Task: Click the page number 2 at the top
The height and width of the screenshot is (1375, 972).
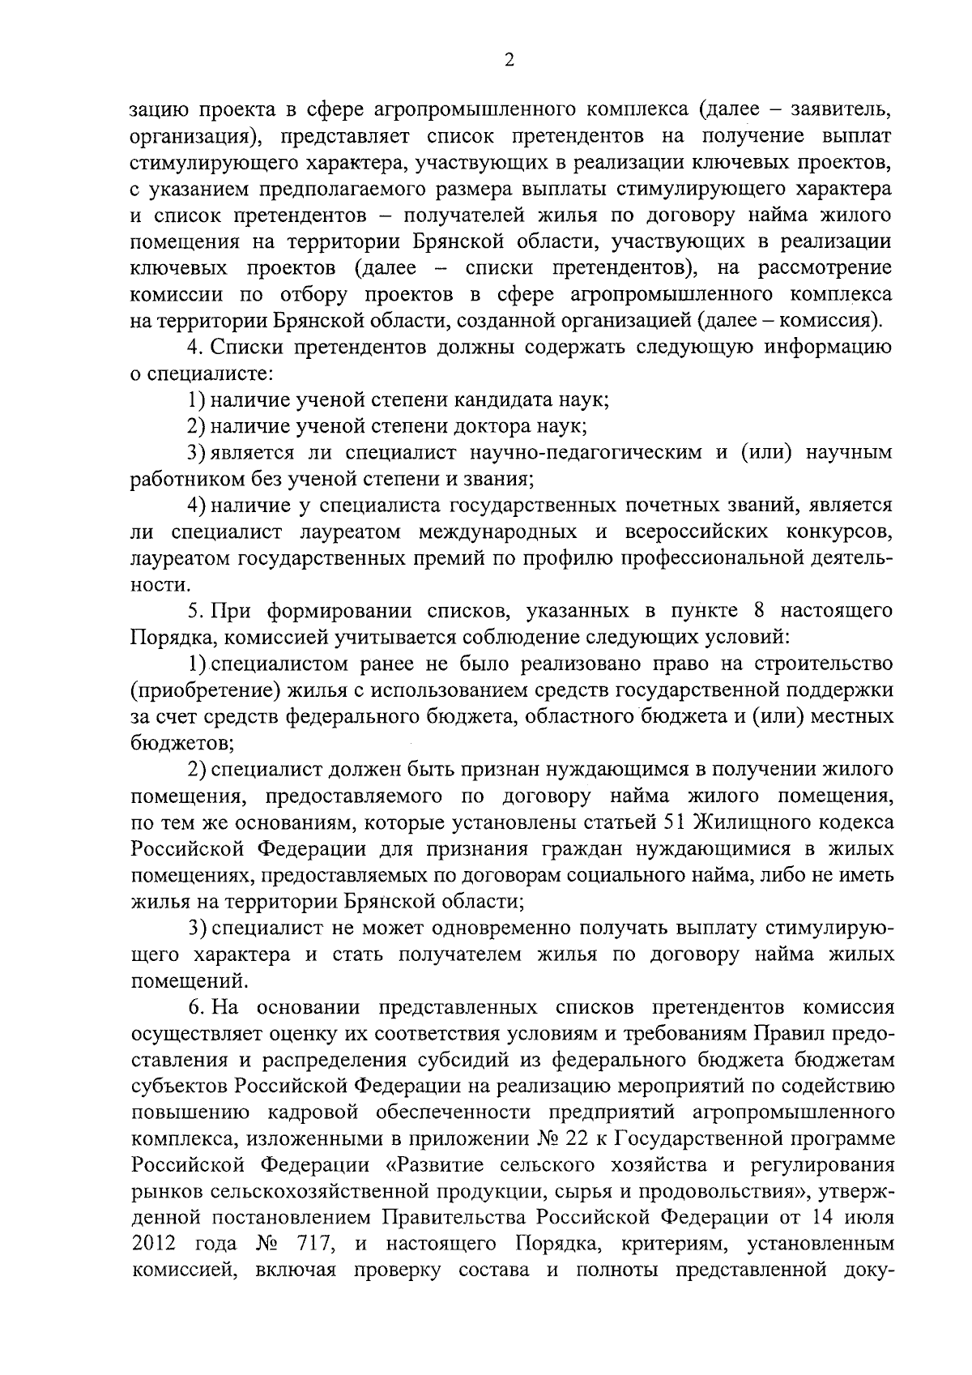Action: [509, 60]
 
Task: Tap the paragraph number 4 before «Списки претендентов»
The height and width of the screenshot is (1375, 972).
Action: [193, 348]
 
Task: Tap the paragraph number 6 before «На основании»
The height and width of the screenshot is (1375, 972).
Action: [193, 1007]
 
